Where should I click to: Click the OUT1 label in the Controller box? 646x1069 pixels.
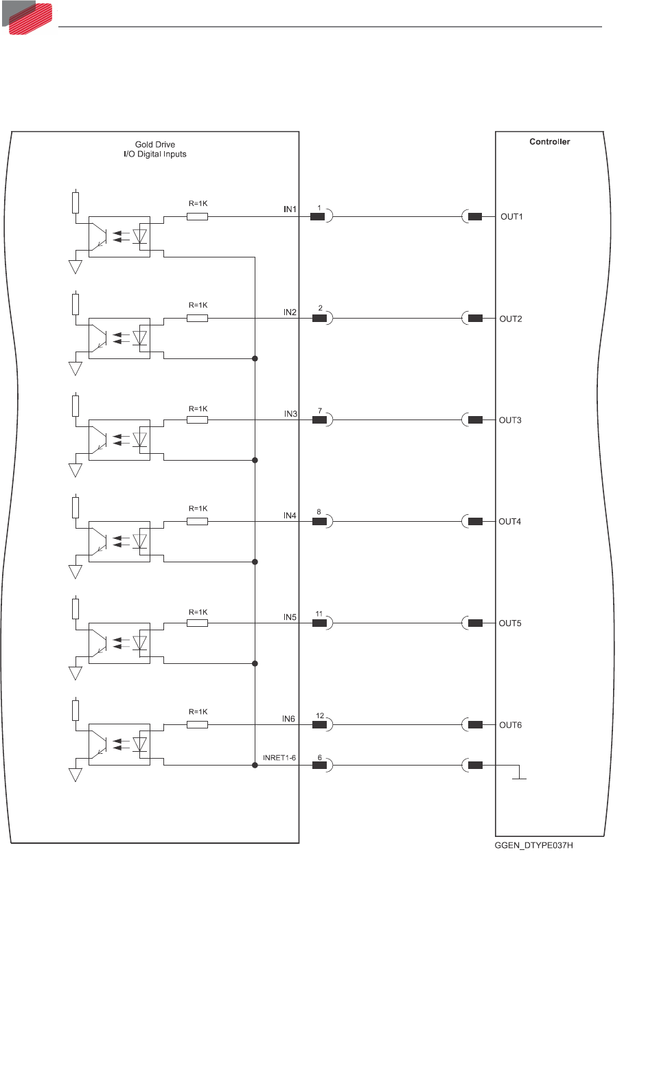pyautogui.click(x=511, y=217)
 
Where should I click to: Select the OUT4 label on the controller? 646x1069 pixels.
pyautogui.click(x=510, y=522)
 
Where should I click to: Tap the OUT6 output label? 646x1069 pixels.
pyautogui.click(x=510, y=725)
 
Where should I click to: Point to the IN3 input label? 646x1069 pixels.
pyautogui.click(x=290, y=414)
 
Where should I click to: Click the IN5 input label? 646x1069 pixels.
pyautogui.click(x=290, y=617)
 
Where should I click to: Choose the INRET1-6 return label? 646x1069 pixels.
pyautogui.click(x=279, y=758)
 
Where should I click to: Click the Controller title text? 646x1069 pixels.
pyautogui.click(x=549, y=142)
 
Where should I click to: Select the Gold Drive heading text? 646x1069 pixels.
pyautogui.click(x=155, y=145)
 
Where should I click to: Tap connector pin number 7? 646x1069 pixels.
pyautogui.click(x=319, y=411)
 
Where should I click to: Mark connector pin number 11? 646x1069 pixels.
pyautogui.click(x=319, y=614)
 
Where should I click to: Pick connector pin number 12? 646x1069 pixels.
pyautogui.click(x=320, y=715)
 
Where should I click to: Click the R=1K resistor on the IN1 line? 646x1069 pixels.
pyautogui.click(x=197, y=217)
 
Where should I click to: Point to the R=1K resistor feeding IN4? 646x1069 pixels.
pyautogui.click(x=197, y=522)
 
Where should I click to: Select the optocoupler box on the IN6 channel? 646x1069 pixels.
pyautogui.click(x=119, y=745)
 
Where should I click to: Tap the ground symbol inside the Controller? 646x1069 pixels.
pyautogui.click(x=520, y=775)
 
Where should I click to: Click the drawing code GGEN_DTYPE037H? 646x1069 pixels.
pyautogui.click(x=533, y=845)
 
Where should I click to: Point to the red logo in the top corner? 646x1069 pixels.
pyautogui.click(x=27, y=17)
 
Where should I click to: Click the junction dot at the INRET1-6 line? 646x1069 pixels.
pyautogui.click(x=255, y=765)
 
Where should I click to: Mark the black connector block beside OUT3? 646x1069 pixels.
pyautogui.click(x=475, y=420)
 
